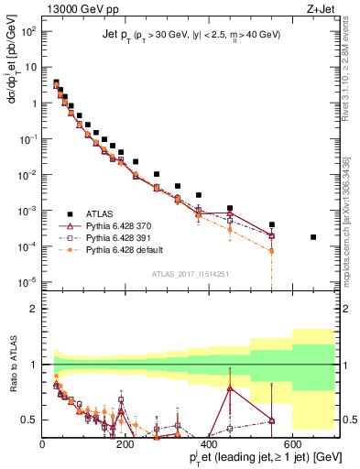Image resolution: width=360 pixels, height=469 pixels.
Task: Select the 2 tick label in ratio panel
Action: tap(35, 309)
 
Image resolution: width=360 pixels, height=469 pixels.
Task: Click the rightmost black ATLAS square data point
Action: tap(313, 237)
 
